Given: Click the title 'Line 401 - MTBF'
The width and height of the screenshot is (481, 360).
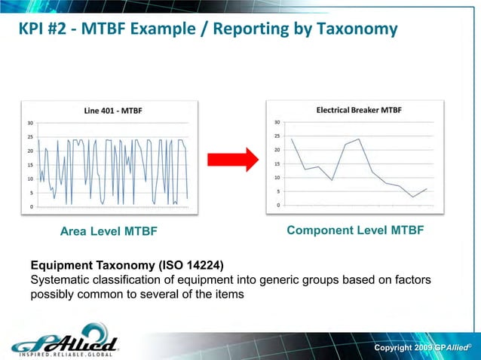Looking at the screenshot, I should coord(112,111).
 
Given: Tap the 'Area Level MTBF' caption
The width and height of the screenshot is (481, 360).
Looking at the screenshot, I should coord(109,231).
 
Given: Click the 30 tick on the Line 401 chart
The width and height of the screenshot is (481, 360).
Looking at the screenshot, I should coord(29,124).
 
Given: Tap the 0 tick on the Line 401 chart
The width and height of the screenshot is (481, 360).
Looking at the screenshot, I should coord(31,206).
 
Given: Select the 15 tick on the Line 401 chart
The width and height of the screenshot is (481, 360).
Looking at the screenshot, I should coord(29,165).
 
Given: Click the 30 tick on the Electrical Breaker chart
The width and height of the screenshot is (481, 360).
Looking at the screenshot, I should coord(277,122).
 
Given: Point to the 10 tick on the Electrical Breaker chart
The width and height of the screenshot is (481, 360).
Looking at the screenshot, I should coord(277,177).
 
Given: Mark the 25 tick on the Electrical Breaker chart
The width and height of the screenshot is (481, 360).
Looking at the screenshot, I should coord(277,136).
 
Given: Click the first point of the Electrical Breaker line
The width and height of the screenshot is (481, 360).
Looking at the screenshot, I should coord(292,139).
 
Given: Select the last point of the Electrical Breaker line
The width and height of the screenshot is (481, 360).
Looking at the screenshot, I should coord(427,188).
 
